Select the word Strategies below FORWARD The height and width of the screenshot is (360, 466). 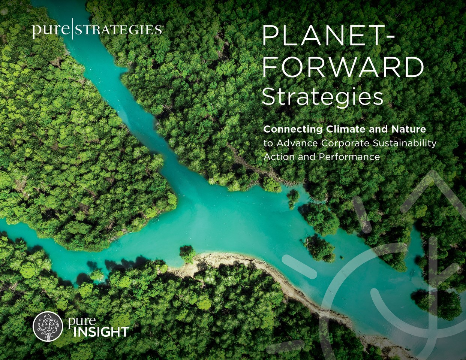click(322, 97)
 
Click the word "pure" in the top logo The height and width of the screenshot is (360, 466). click(51, 30)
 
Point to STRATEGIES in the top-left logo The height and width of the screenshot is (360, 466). click(118, 30)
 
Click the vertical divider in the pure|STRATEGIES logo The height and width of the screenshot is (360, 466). click(71, 30)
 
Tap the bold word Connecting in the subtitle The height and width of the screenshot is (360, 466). click(293, 130)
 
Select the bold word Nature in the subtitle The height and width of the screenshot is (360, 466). click(409, 130)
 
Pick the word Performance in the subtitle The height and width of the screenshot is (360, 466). click(349, 157)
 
